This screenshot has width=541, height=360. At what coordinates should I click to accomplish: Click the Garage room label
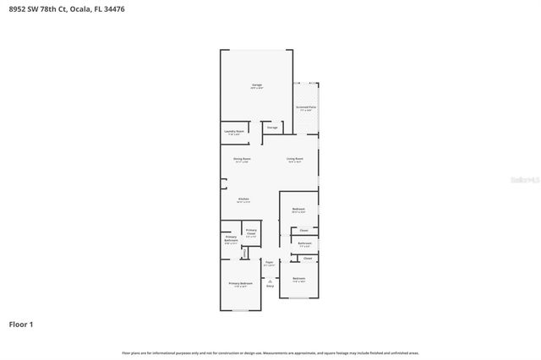[255, 86]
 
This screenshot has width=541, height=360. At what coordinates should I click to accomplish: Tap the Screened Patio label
[305, 108]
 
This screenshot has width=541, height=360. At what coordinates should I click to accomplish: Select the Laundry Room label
[234, 132]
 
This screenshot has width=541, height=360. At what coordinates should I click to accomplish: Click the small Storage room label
[272, 128]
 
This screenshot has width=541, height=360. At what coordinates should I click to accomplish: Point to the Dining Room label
[242, 159]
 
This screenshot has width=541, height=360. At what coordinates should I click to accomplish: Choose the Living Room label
[294, 159]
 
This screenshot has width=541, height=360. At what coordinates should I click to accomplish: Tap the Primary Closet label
[251, 232]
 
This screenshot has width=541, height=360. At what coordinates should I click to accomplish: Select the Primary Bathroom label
[231, 239]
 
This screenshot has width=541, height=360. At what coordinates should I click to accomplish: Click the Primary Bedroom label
[241, 283]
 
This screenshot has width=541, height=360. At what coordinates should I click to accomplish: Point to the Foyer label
[270, 263]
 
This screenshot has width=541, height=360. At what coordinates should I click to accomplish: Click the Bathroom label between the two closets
[304, 243]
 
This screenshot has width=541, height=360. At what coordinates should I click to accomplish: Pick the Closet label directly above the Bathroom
[304, 230]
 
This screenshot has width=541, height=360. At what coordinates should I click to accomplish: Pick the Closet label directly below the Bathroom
[307, 258]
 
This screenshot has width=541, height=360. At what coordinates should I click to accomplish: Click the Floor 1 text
[21, 324]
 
